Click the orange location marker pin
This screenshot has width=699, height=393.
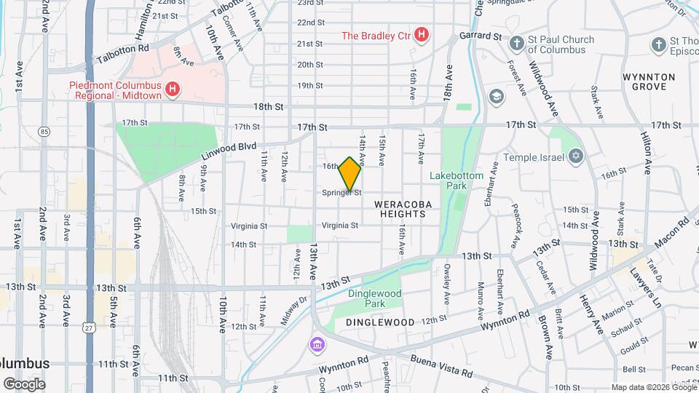pos(350,174)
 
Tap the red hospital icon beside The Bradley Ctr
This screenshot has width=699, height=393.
pos(421,35)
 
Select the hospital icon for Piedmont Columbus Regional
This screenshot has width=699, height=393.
pos(173,90)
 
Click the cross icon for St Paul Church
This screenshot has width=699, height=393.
pos(516,44)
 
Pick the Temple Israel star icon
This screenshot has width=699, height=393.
pos(575,156)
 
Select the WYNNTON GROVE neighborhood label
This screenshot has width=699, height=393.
pos(649,82)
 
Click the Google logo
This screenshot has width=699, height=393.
pos(23,384)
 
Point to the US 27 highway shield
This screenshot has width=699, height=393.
pos(89,328)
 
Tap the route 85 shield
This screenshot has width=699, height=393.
pos(45,132)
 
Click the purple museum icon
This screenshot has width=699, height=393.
pos(316,344)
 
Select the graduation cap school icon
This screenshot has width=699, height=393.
pos(496,96)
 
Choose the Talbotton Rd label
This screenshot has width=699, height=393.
pos(124,47)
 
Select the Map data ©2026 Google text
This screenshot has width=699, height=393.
pos(653,386)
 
